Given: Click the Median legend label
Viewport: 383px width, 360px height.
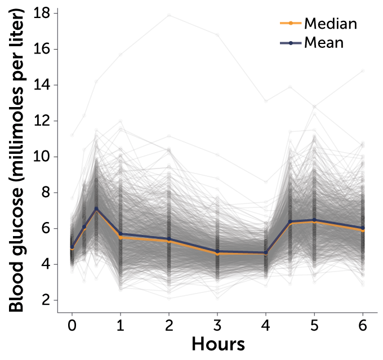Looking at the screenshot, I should coord(331,23).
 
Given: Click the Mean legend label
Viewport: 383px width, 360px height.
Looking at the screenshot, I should coord(324,42).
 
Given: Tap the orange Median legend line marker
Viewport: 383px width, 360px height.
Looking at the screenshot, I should coord(290,23).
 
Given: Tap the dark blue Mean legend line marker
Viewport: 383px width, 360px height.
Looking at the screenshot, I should coord(290,42).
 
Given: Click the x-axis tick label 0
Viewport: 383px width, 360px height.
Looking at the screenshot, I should coord(72,325).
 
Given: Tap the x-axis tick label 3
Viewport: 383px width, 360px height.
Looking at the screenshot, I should coord(217,325).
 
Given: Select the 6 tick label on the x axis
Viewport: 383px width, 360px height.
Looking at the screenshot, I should coord(362,325).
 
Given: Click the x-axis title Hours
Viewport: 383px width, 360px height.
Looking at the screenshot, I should coord(218,343).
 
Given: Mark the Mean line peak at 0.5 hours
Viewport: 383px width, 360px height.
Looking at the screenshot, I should coord(96,208).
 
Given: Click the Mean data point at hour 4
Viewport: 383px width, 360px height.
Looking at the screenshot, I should coord(265,252).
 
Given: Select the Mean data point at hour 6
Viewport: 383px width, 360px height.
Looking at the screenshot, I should coord(362,228).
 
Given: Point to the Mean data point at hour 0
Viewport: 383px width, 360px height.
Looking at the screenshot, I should coord(72,247).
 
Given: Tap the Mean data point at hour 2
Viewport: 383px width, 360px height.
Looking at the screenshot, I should coord(168,239).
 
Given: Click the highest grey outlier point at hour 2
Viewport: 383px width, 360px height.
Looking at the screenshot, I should coord(168,15).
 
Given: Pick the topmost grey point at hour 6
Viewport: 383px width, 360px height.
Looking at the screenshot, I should coord(362,71).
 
